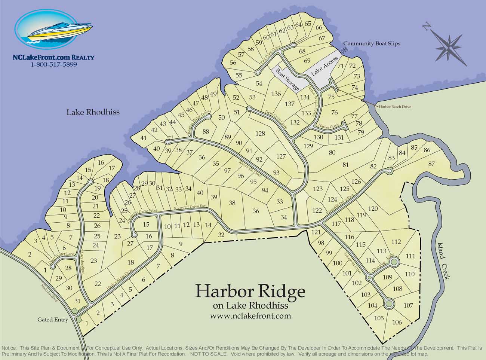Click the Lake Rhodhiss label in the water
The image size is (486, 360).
[93, 112]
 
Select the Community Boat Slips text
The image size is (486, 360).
[371, 43]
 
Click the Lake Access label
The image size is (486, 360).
[324, 67]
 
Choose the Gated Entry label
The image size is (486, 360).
[53, 320]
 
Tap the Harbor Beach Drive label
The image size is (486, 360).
[395, 107]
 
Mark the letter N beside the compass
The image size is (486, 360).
[425, 26]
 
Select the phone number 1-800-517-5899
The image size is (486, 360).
[53, 64]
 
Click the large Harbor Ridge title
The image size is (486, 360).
[250, 291]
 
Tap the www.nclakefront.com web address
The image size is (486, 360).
[250, 315]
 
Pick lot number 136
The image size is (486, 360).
[276, 94]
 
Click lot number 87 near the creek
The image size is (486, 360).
[432, 164]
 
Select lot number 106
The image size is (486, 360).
[397, 322]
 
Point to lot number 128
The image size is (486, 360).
[260, 134]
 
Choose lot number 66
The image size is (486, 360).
[319, 28]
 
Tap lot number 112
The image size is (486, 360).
[396, 242]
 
